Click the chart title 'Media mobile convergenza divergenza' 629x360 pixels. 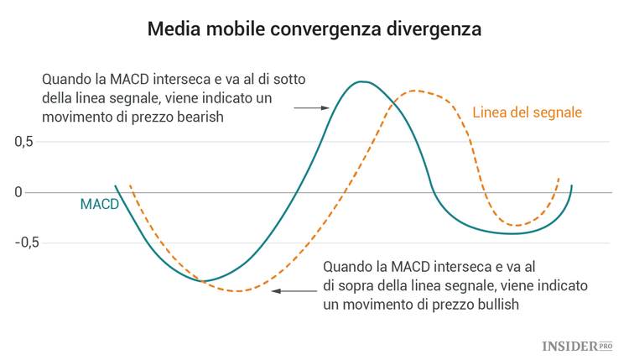(x=314, y=29)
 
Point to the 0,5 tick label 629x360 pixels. (x=23, y=142)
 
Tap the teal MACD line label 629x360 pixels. (x=99, y=204)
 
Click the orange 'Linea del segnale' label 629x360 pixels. (x=528, y=112)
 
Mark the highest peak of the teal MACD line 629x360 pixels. (x=361, y=81)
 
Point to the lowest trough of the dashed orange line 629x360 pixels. (x=239, y=291)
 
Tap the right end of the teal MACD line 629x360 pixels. (x=571, y=185)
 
